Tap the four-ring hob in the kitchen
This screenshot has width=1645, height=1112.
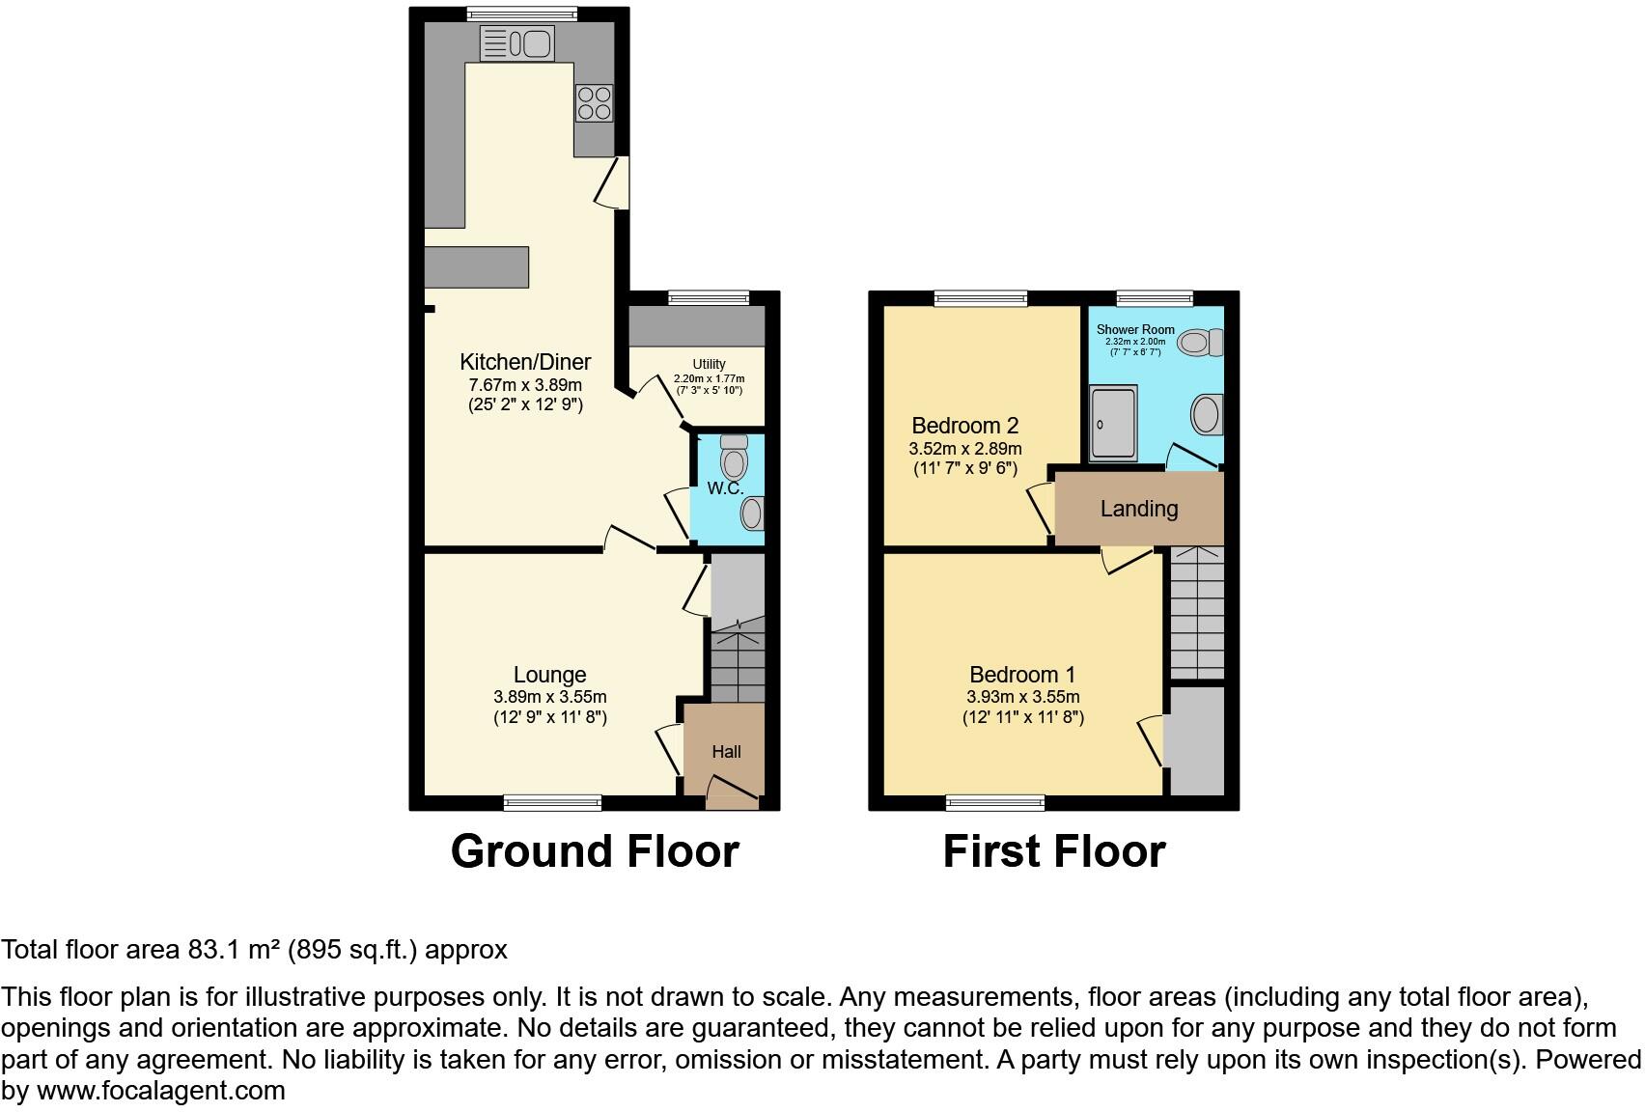[595, 103]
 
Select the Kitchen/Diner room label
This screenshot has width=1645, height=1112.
[525, 362]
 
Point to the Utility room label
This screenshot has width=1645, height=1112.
[709, 364]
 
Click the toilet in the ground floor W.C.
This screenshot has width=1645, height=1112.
[734, 458]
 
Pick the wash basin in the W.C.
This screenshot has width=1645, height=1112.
[752, 513]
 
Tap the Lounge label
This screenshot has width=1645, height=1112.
[549, 675]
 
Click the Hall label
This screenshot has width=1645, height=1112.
[726, 752]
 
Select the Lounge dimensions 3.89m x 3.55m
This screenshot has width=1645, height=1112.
[549, 697]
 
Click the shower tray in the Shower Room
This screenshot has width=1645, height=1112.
[1113, 424]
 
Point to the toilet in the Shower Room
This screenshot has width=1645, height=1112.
[1201, 342]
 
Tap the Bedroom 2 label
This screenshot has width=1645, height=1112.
[965, 426]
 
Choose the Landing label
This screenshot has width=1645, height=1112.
[1139, 509]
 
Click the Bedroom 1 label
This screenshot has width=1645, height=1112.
[1022, 675]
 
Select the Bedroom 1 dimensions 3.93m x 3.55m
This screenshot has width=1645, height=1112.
[1022, 697]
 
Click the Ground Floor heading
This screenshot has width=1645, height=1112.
[595, 851]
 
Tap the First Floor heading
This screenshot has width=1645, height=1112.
[1054, 851]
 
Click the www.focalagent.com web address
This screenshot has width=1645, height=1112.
[161, 1091]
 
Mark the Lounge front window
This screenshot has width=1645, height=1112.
[552, 802]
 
